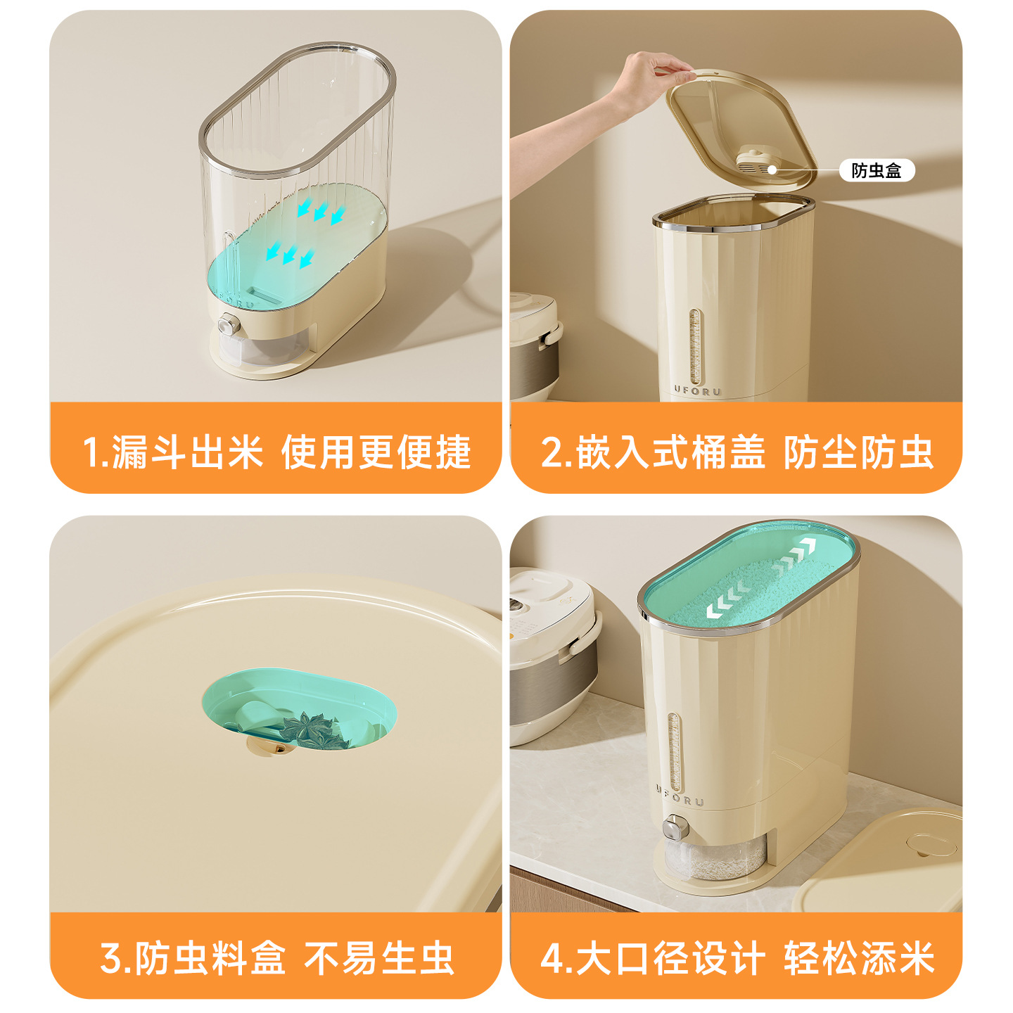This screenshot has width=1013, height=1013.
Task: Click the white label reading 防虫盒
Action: tap(877, 170)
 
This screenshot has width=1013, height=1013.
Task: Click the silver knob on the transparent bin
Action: tap(228, 325)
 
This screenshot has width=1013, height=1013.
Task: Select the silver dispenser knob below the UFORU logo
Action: tap(675, 828)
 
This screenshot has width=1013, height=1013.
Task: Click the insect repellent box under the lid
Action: tap(757, 161)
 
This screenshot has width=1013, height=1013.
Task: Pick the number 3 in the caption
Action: tap(111, 958)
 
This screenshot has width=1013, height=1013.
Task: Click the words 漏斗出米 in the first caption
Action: tap(186, 452)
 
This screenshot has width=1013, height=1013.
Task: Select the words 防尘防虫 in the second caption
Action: tap(858, 452)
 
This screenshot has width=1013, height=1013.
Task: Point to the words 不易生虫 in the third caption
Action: tap(378, 958)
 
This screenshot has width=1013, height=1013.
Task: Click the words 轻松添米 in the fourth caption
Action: tap(858, 958)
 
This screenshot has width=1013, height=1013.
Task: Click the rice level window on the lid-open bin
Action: tap(695, 346)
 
